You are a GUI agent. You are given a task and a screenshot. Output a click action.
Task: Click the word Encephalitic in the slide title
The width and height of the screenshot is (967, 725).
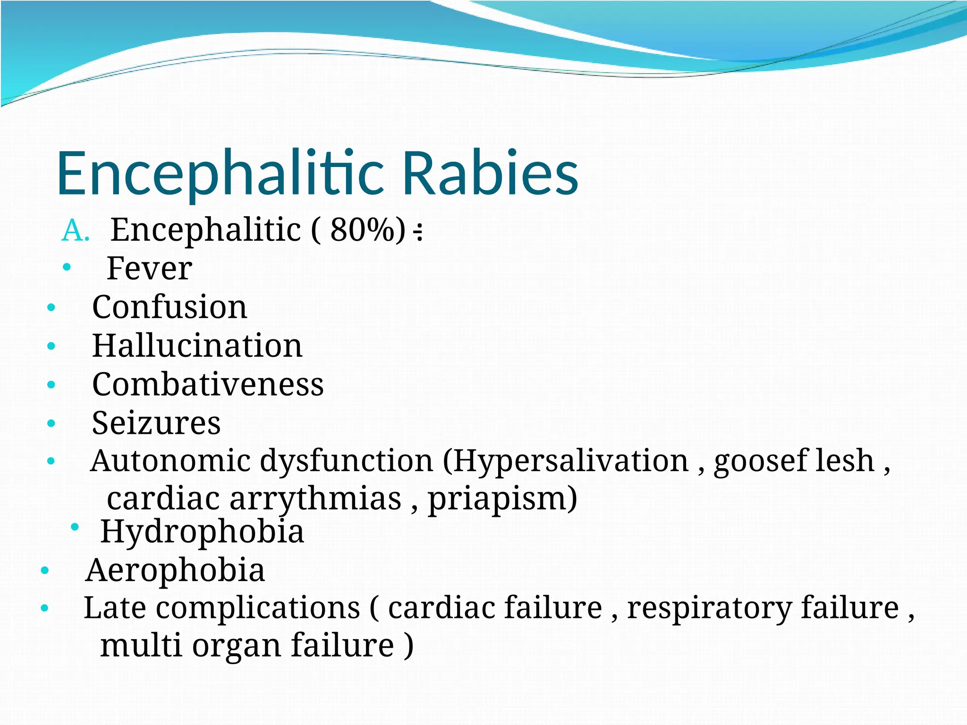tap(220, 174)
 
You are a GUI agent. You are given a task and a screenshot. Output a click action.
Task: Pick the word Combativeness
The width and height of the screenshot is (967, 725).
tap(208, 384)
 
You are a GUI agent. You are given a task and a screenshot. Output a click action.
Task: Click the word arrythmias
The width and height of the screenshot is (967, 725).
tap(315, 499)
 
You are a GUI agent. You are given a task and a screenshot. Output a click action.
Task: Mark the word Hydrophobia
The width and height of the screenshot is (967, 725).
tap(202, 532)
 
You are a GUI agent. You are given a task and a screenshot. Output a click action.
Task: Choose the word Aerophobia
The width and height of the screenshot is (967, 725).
tap(175, 570)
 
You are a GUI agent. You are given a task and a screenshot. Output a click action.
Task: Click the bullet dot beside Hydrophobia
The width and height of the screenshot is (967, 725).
tap(75, 527)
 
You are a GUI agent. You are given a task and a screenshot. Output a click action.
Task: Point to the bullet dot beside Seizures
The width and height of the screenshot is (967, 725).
tap(51, 423)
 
